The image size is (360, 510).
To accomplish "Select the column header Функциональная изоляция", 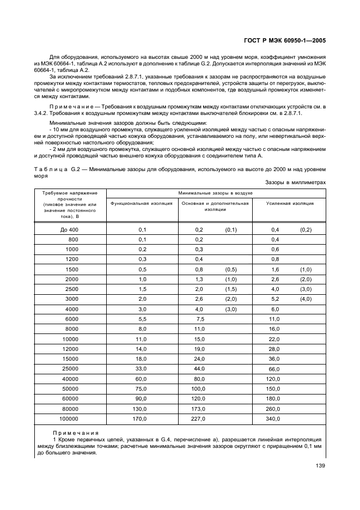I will [142, 203].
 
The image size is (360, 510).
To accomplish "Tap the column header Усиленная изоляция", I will [290, 203].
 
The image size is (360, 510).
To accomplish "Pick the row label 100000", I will [69, 418].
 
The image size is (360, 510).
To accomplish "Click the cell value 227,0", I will [199, 418].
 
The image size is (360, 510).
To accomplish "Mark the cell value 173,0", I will [199, 409].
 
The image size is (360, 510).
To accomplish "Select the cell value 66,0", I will [274, 369].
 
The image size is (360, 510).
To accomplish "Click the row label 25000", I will [70, 369].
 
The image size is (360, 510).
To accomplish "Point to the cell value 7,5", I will [200, 319].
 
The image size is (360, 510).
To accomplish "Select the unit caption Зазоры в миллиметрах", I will [296, 183].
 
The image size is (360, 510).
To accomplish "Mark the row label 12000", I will [70, 349].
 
